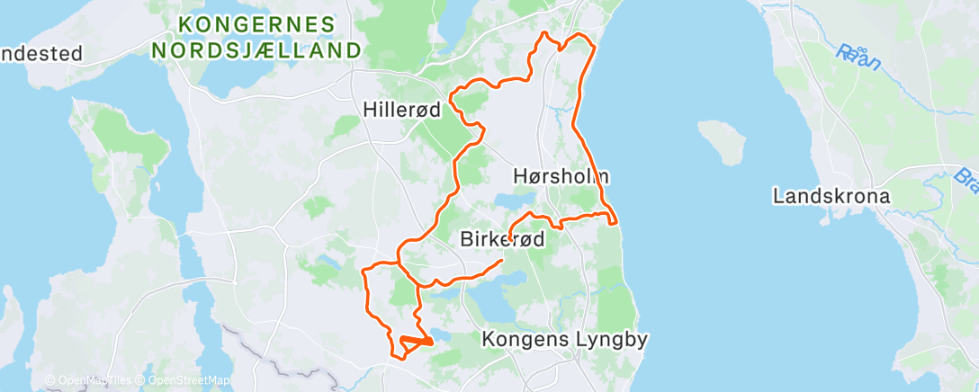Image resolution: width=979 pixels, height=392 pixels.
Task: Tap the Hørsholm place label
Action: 561,175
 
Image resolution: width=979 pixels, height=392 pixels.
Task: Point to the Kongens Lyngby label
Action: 565,340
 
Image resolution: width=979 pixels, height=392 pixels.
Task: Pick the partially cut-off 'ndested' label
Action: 40,53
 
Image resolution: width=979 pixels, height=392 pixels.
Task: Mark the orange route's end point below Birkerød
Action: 501,260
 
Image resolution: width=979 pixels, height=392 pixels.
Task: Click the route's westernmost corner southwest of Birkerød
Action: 364,270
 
